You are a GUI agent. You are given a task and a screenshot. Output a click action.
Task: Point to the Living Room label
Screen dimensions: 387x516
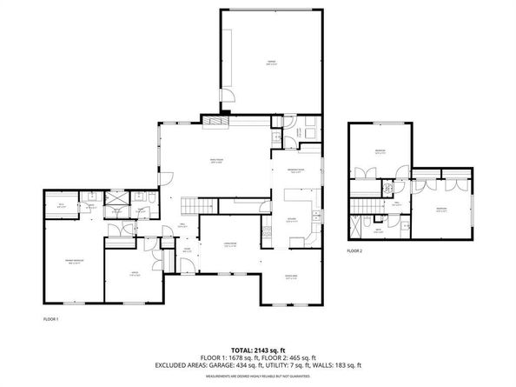229,245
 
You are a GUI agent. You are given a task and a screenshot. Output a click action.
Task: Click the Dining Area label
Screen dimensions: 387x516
292,279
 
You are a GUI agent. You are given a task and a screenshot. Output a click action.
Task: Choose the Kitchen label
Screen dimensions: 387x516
293,221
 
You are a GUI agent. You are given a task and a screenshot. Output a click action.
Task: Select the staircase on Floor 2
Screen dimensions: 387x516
364,205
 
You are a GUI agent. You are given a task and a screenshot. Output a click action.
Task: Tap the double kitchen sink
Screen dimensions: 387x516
316,214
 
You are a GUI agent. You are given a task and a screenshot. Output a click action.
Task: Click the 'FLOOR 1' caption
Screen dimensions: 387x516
51,319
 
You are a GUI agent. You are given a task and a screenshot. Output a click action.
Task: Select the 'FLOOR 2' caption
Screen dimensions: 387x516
354,250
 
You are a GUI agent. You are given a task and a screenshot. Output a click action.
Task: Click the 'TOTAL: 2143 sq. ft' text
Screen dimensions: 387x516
258,346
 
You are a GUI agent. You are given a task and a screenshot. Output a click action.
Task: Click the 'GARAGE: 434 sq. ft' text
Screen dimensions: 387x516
242,364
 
